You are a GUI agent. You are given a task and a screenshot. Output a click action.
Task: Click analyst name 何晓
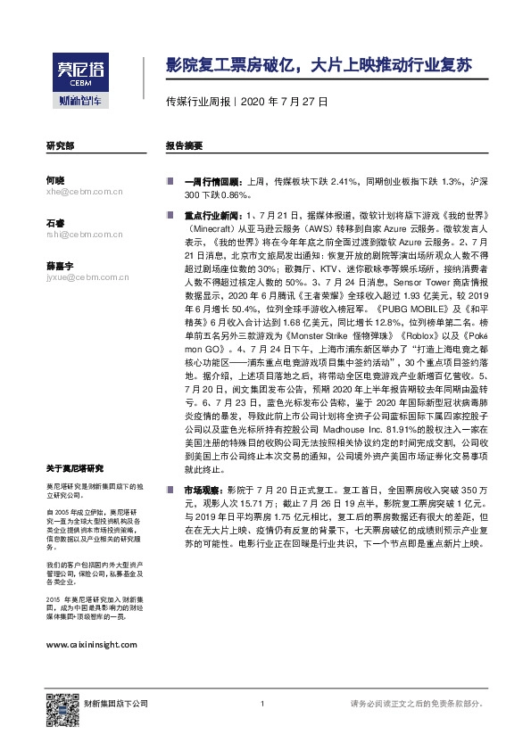(x=54, y=179)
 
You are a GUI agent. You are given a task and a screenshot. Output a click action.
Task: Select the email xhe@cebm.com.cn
(x=82, y=191)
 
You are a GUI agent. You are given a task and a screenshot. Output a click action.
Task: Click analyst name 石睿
(x=54, y=222)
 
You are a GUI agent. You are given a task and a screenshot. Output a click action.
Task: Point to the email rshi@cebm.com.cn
(x=83, y=234)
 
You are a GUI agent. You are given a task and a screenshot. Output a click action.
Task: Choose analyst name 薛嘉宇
(x=59, y=265)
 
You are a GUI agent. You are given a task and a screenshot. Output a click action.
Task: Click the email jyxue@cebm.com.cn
(x=85, y=276)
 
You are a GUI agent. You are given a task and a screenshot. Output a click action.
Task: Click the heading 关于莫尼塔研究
(x=74, y=468)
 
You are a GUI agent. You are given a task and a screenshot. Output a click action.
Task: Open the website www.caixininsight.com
(x=90, y=643)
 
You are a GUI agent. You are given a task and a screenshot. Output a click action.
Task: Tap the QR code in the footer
(x=59, y=705)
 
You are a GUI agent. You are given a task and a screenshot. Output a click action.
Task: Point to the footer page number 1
(x=262, y=705)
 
